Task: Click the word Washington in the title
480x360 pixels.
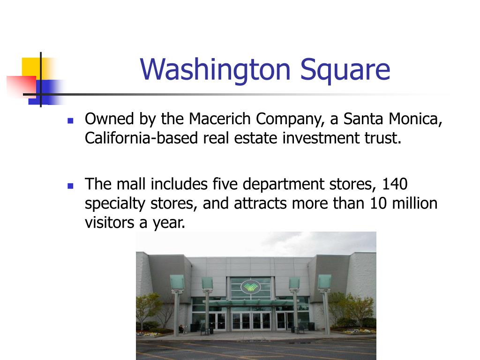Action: (x=216, y=69)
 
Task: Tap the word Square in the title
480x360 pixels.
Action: (x=345, y=69)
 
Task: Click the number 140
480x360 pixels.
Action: (x=394, y=184)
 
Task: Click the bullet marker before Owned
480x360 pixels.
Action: (x=71, y=120)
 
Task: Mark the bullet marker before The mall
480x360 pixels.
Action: (x=71, y=185)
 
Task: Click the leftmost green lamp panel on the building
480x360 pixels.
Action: (x=177, y=282)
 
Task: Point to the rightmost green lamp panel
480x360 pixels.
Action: (x=324, y=282)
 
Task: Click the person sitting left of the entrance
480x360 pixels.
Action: (x=181, y=329)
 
